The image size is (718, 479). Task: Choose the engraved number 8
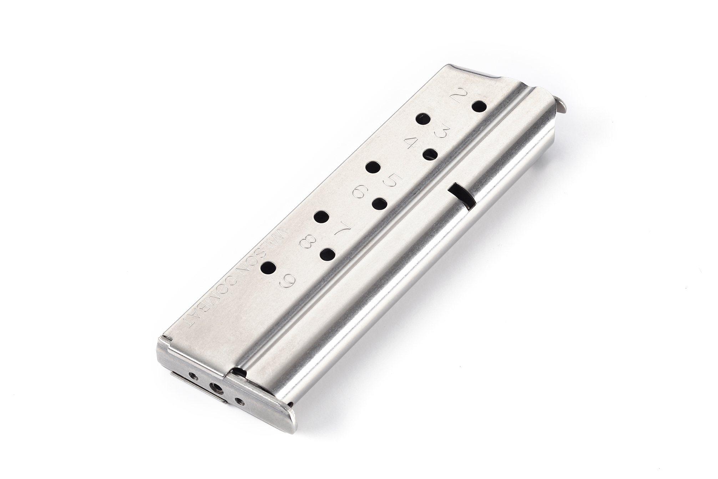307,243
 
